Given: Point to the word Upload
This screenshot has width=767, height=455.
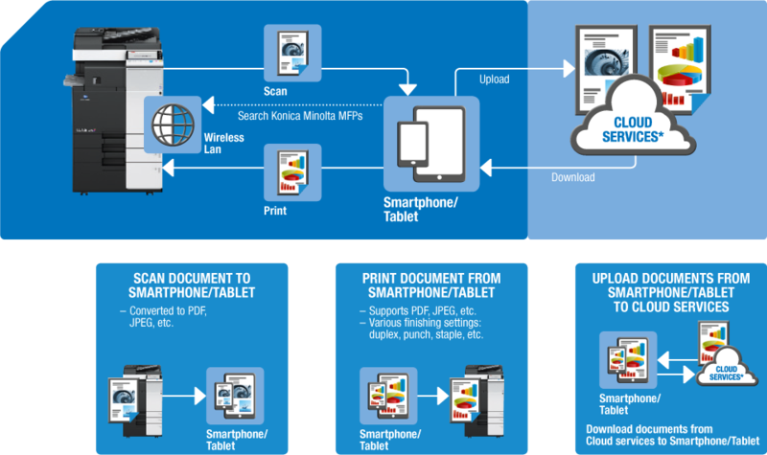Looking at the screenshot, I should pos(494,80).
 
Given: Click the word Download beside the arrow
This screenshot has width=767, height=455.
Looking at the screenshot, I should pos(573,177).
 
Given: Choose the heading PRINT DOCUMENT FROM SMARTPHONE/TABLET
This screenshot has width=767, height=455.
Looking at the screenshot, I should pos(430,285).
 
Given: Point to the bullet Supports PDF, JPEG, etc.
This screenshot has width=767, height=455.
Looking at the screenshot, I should pos(409,311).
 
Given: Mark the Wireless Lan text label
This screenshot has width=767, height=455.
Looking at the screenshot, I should pos(223,144).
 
